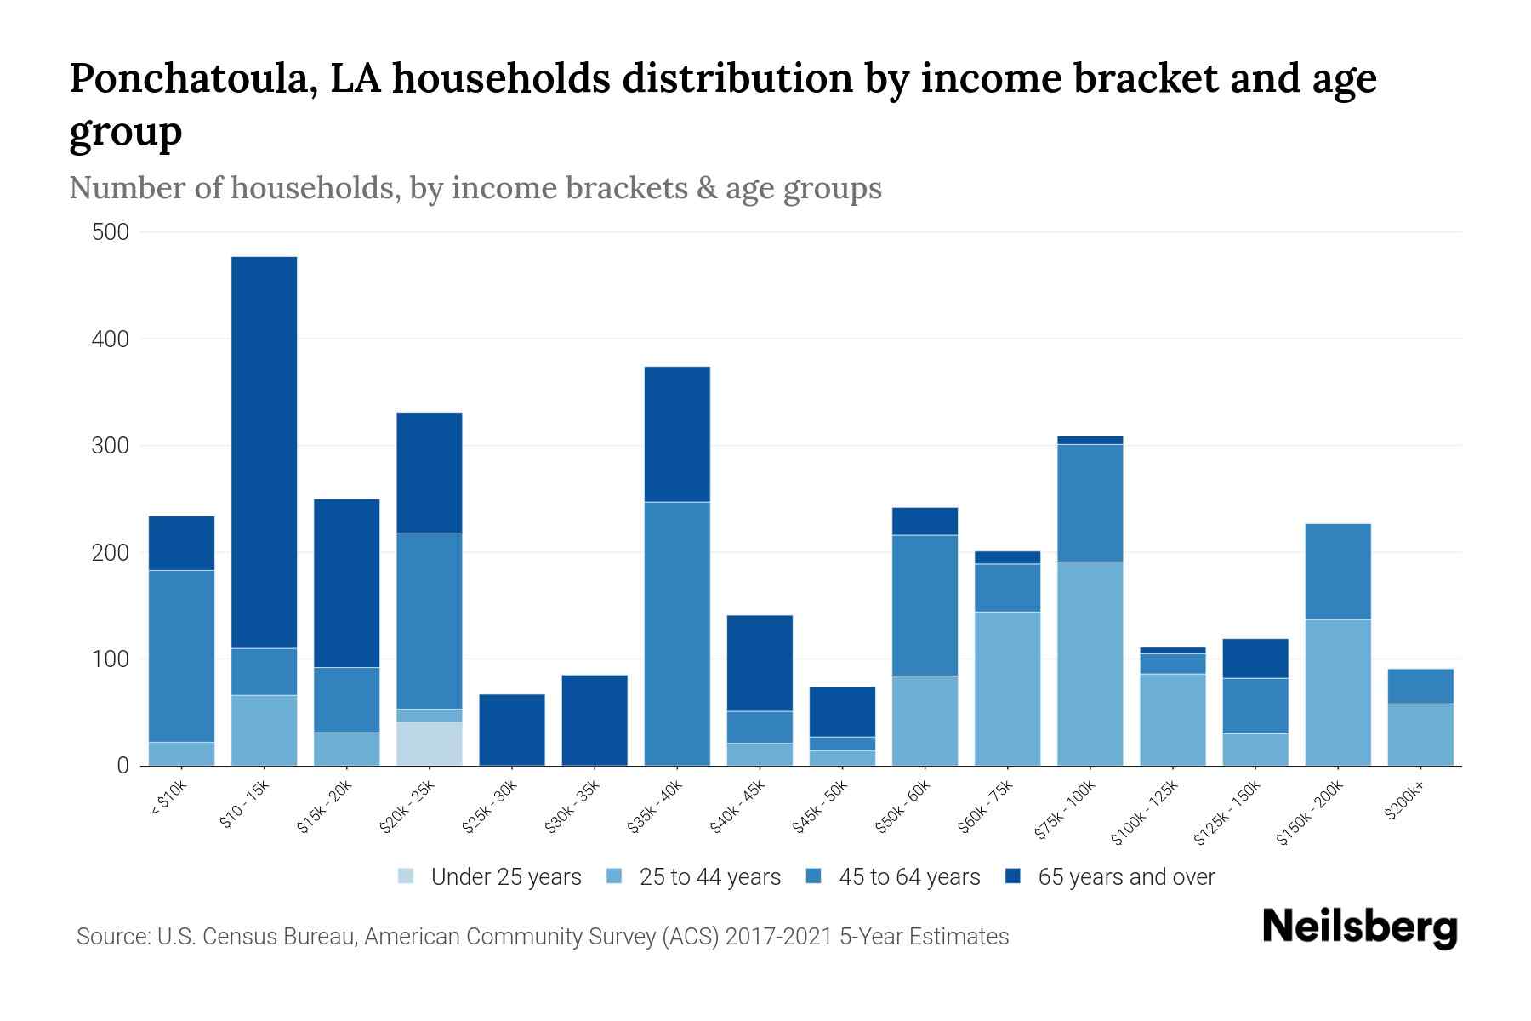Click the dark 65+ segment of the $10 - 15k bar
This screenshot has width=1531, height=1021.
(264, 451)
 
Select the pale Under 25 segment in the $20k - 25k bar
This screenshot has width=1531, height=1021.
(430, 744)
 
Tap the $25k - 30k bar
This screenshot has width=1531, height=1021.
(512, 730)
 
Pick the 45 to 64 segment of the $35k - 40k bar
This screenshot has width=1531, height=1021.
(677, 634)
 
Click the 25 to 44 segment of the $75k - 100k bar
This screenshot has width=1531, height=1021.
(1090, 664)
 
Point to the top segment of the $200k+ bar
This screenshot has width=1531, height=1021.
(1420, 687)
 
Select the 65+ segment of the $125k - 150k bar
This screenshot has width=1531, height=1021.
(1255, 659)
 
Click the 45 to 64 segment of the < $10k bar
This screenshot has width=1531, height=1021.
(181, 655)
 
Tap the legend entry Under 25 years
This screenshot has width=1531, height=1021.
(505, 877)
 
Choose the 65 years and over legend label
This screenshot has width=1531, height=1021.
(1126, 877)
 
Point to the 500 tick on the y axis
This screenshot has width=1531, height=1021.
(110, 232)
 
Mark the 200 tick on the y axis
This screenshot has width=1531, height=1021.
(110, 553)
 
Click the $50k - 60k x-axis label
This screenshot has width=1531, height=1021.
(905, 807)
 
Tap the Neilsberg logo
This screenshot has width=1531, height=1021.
(1359, 927)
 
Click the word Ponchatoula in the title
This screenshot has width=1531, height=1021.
(194, 78)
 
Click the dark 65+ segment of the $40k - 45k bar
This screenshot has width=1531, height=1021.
(759, 663)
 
